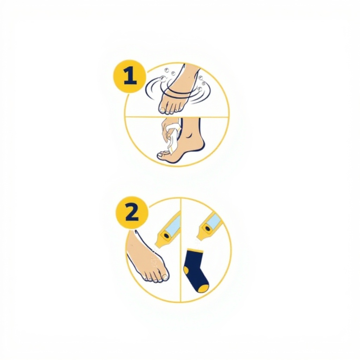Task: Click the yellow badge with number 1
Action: tap(130, 76)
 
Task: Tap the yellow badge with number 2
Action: tap(132, 212)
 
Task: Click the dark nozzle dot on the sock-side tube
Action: tap(207, 229)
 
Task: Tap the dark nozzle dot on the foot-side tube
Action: tap(166, 236)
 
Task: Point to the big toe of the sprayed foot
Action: tap(165, 277)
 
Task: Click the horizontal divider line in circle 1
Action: tap(177, 117)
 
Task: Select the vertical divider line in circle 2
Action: tap(181, 250)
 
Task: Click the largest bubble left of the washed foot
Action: tap(163, 79)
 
